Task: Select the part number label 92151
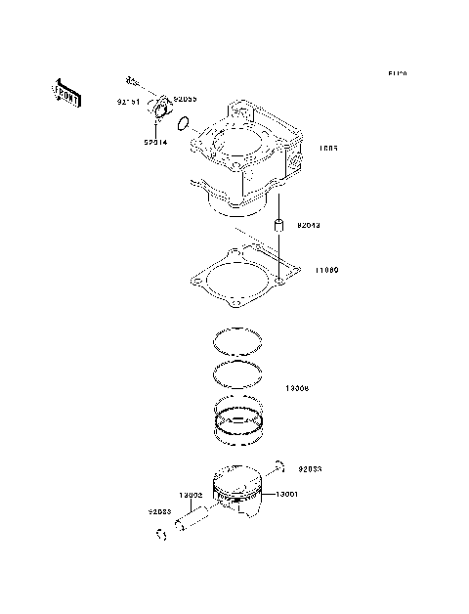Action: [128, 102]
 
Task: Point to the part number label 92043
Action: [307, 225]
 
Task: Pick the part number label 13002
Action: [190, 495]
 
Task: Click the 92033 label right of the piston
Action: [310, 469]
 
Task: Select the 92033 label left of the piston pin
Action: [160, 510]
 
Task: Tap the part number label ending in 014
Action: [155, 143]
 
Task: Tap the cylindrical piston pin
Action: [198, 521]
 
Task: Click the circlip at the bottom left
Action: [159, 534]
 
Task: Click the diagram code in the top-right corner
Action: [396, 73]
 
